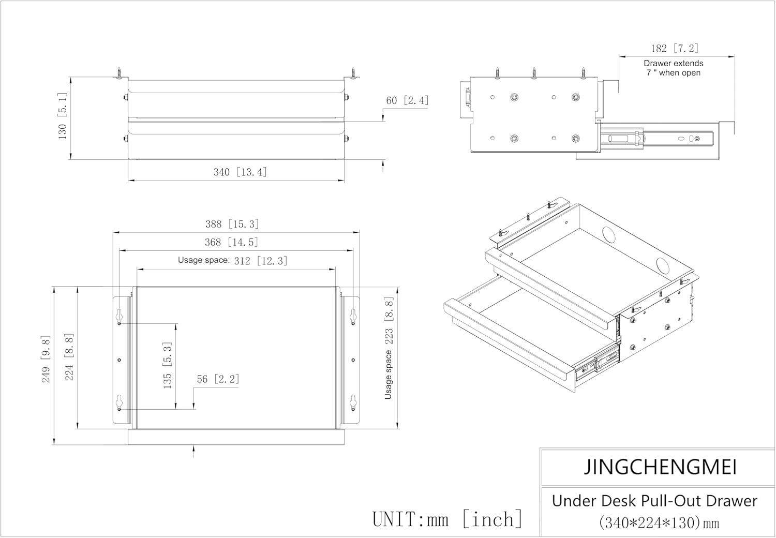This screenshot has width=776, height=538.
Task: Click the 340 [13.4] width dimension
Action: (x=240, y=172)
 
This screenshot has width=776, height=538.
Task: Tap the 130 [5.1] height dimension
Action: (x=62, y=119)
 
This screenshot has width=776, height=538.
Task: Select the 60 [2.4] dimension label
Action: (x=407, y=100)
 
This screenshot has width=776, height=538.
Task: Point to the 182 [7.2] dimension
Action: (x=674, y=49)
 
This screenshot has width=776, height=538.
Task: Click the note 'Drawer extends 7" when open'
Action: (x=673, y=68)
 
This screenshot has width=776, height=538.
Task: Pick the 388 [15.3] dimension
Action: (x=232, y=224)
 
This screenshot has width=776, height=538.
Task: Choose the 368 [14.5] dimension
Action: (x=231, y=242)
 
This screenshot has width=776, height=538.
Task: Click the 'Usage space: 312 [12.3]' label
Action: (x=232, y=260)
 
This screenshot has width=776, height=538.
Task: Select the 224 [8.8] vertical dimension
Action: (x=69, y=357)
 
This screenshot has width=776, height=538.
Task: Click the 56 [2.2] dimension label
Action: (x=218, y=379)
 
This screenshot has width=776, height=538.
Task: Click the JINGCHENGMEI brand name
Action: (x=660, y=467)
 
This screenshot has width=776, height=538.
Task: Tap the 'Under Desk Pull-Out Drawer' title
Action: (x=654, y=501)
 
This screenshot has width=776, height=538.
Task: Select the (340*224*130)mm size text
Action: (x=659, y=522)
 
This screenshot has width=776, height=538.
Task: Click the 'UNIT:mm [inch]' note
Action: (x=447, y=519)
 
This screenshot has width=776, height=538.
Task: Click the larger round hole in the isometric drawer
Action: (x=610, y=235)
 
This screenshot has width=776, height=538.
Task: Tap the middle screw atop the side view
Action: (x=534, y=73)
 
